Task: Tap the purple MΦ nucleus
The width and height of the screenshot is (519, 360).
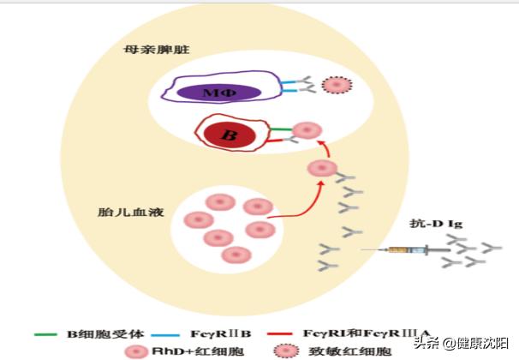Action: tap(219, 92)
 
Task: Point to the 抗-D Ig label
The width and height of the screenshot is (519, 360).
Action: tap(437, 225)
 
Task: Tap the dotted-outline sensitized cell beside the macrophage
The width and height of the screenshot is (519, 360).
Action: tap(336, 85)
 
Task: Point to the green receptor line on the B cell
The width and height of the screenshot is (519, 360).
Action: tap(279, 129)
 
